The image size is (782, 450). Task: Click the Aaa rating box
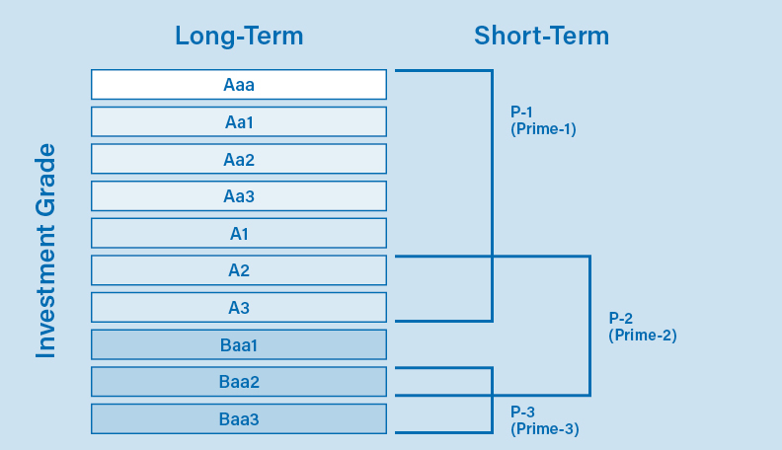pos(238,85)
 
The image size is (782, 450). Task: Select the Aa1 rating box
pos(238,121)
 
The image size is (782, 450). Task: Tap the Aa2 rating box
pos(238,159)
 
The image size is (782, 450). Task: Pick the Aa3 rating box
pos(238,196)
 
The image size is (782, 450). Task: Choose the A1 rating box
pos(238,234)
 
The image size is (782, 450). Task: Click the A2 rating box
pos(238,270)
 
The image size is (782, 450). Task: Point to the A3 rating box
pos(238,308)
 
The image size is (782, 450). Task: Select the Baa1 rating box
pos(238,345)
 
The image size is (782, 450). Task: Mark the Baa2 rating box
pos(238,382)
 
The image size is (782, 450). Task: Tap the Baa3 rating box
pos(238,419)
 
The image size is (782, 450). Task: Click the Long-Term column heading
pos(239,37)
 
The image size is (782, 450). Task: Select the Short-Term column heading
pos(541,37)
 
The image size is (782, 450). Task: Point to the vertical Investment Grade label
pos(46,251)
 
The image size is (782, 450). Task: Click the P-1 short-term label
pos(522,112)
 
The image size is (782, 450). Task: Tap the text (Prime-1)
pos(543,129)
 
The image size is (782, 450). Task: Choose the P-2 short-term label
pos(621,318)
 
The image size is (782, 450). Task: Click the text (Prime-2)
pos(642,335)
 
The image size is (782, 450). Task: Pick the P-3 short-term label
pos(522,412)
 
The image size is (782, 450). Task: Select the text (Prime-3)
pos(544,428)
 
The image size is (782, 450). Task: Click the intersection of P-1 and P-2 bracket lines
pos(492,257)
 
